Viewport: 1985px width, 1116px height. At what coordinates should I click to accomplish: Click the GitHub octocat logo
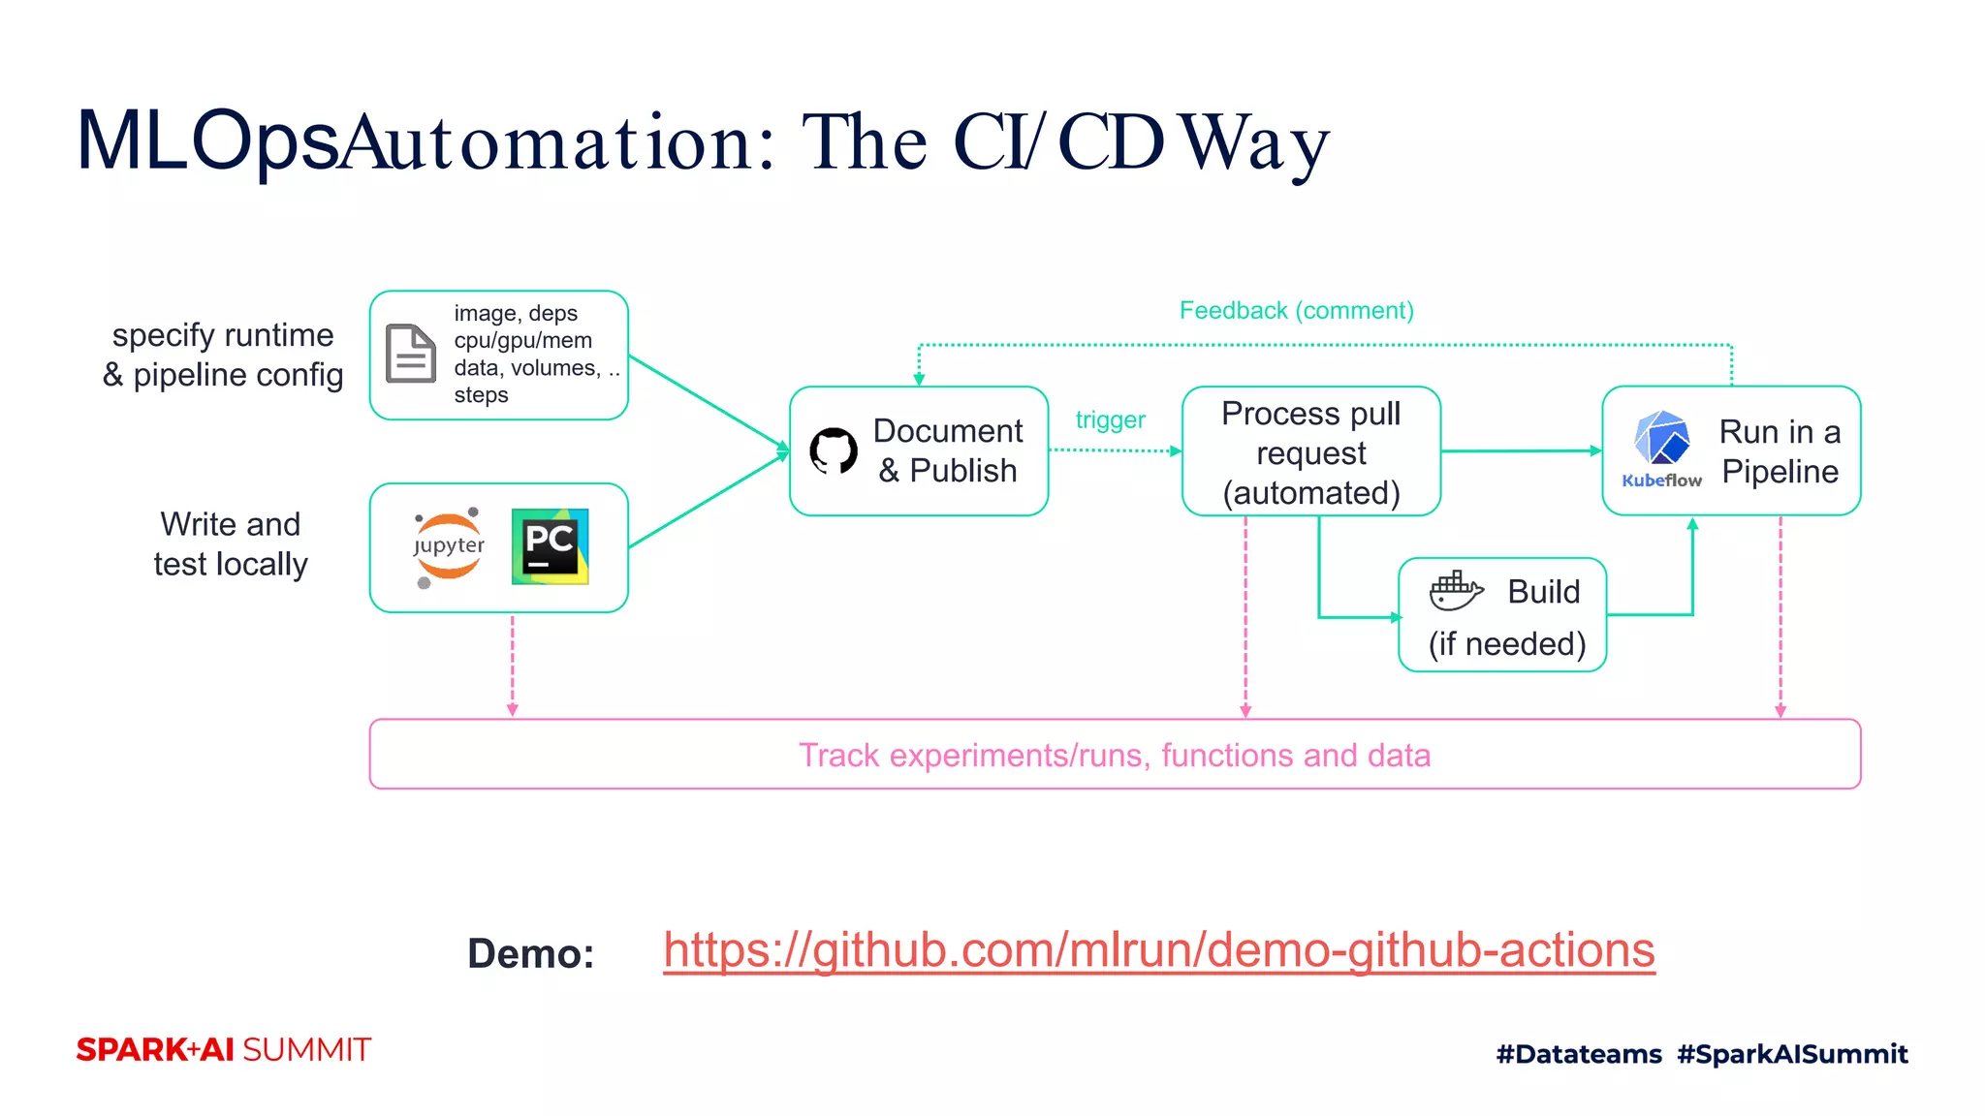pos(834,450)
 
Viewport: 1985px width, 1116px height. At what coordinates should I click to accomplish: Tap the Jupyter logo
pos(448,547)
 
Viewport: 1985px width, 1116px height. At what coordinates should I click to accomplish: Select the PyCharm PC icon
pos(550,546)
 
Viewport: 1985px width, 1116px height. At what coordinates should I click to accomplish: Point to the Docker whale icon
pos(1456,591)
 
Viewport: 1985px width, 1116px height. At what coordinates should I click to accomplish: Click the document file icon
pos(411,354)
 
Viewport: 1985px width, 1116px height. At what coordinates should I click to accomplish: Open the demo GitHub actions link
pos(1158,950)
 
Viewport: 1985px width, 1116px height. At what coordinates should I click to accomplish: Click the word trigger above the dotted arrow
pos(1110,420)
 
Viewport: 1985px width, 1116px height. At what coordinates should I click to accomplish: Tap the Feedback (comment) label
pos(1296,311)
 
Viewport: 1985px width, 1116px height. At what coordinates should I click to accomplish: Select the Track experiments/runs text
pos(1114,756)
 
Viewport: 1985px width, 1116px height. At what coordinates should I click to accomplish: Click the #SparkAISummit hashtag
pos(1792,1054)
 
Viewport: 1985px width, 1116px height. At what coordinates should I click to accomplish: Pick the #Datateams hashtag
pos(1578,1054)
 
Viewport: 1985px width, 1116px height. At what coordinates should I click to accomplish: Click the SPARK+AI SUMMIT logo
pos(224,1050)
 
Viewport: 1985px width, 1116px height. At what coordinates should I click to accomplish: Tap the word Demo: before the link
pos(530,954)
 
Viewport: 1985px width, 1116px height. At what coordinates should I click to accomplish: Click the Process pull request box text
pos(1310,452)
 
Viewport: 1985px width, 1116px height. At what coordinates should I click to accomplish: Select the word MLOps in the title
pos(207,142)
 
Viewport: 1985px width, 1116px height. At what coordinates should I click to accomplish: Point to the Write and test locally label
pos(231,544)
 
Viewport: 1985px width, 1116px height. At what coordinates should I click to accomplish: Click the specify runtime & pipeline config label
pos(223,355)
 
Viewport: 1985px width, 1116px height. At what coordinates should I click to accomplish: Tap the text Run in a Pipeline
pos(1780,451)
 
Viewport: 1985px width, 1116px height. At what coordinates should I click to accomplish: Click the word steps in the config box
pos(481,395)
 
